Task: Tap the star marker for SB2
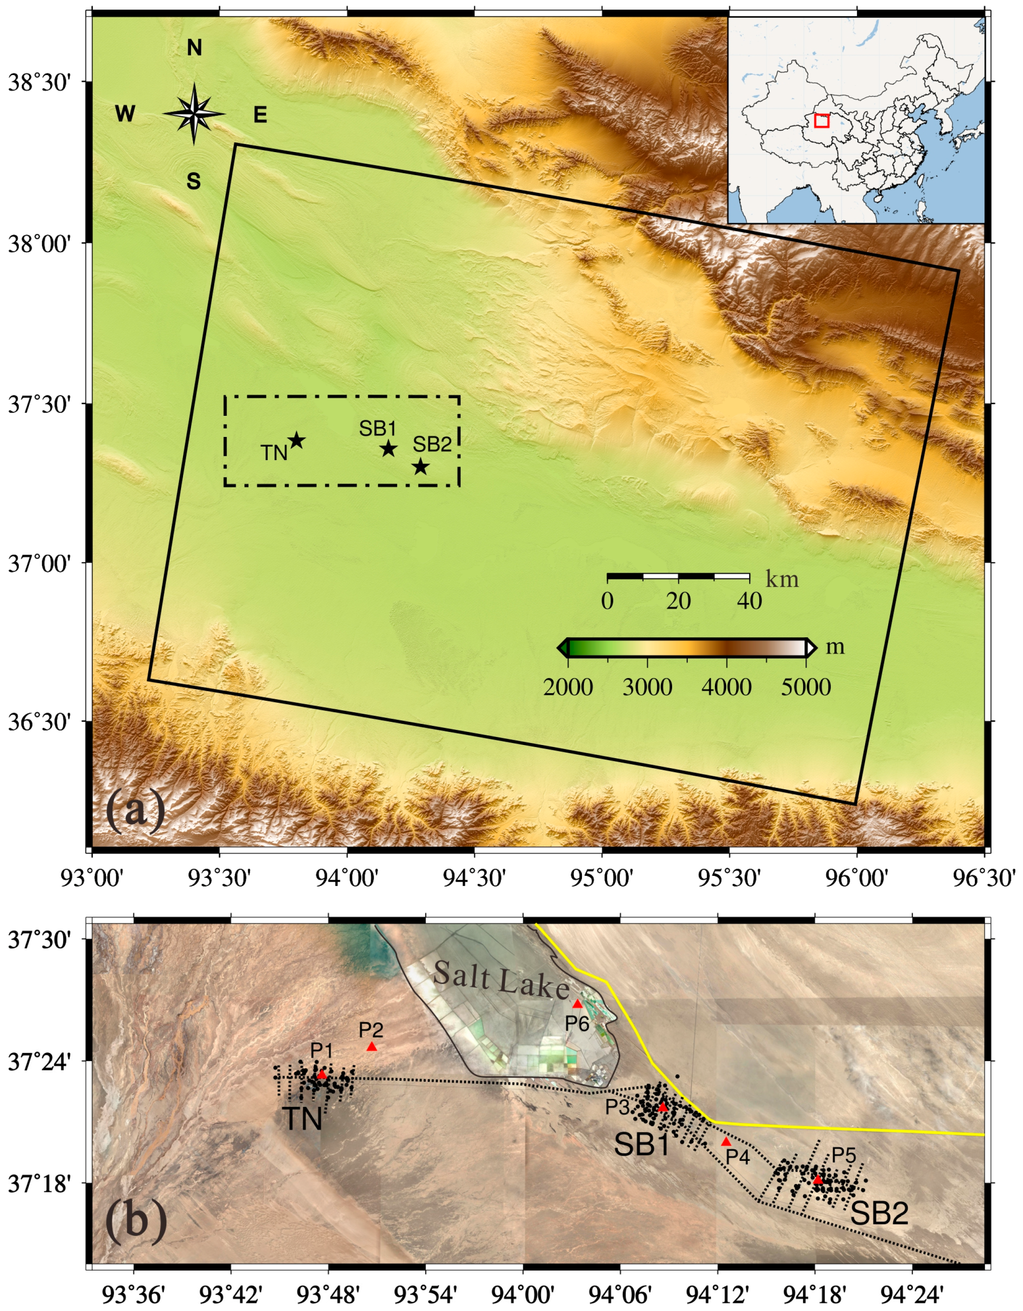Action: tap(420, 466)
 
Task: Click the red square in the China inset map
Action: tap(822, 121)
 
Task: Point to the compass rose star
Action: tap(194, 114)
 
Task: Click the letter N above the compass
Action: tap(194, 48)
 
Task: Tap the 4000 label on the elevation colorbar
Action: tap(726, 687)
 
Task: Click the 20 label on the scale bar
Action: tap(678, 601)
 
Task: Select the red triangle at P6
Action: tap(578, 1003)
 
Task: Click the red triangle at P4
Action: tap(726, 1141)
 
